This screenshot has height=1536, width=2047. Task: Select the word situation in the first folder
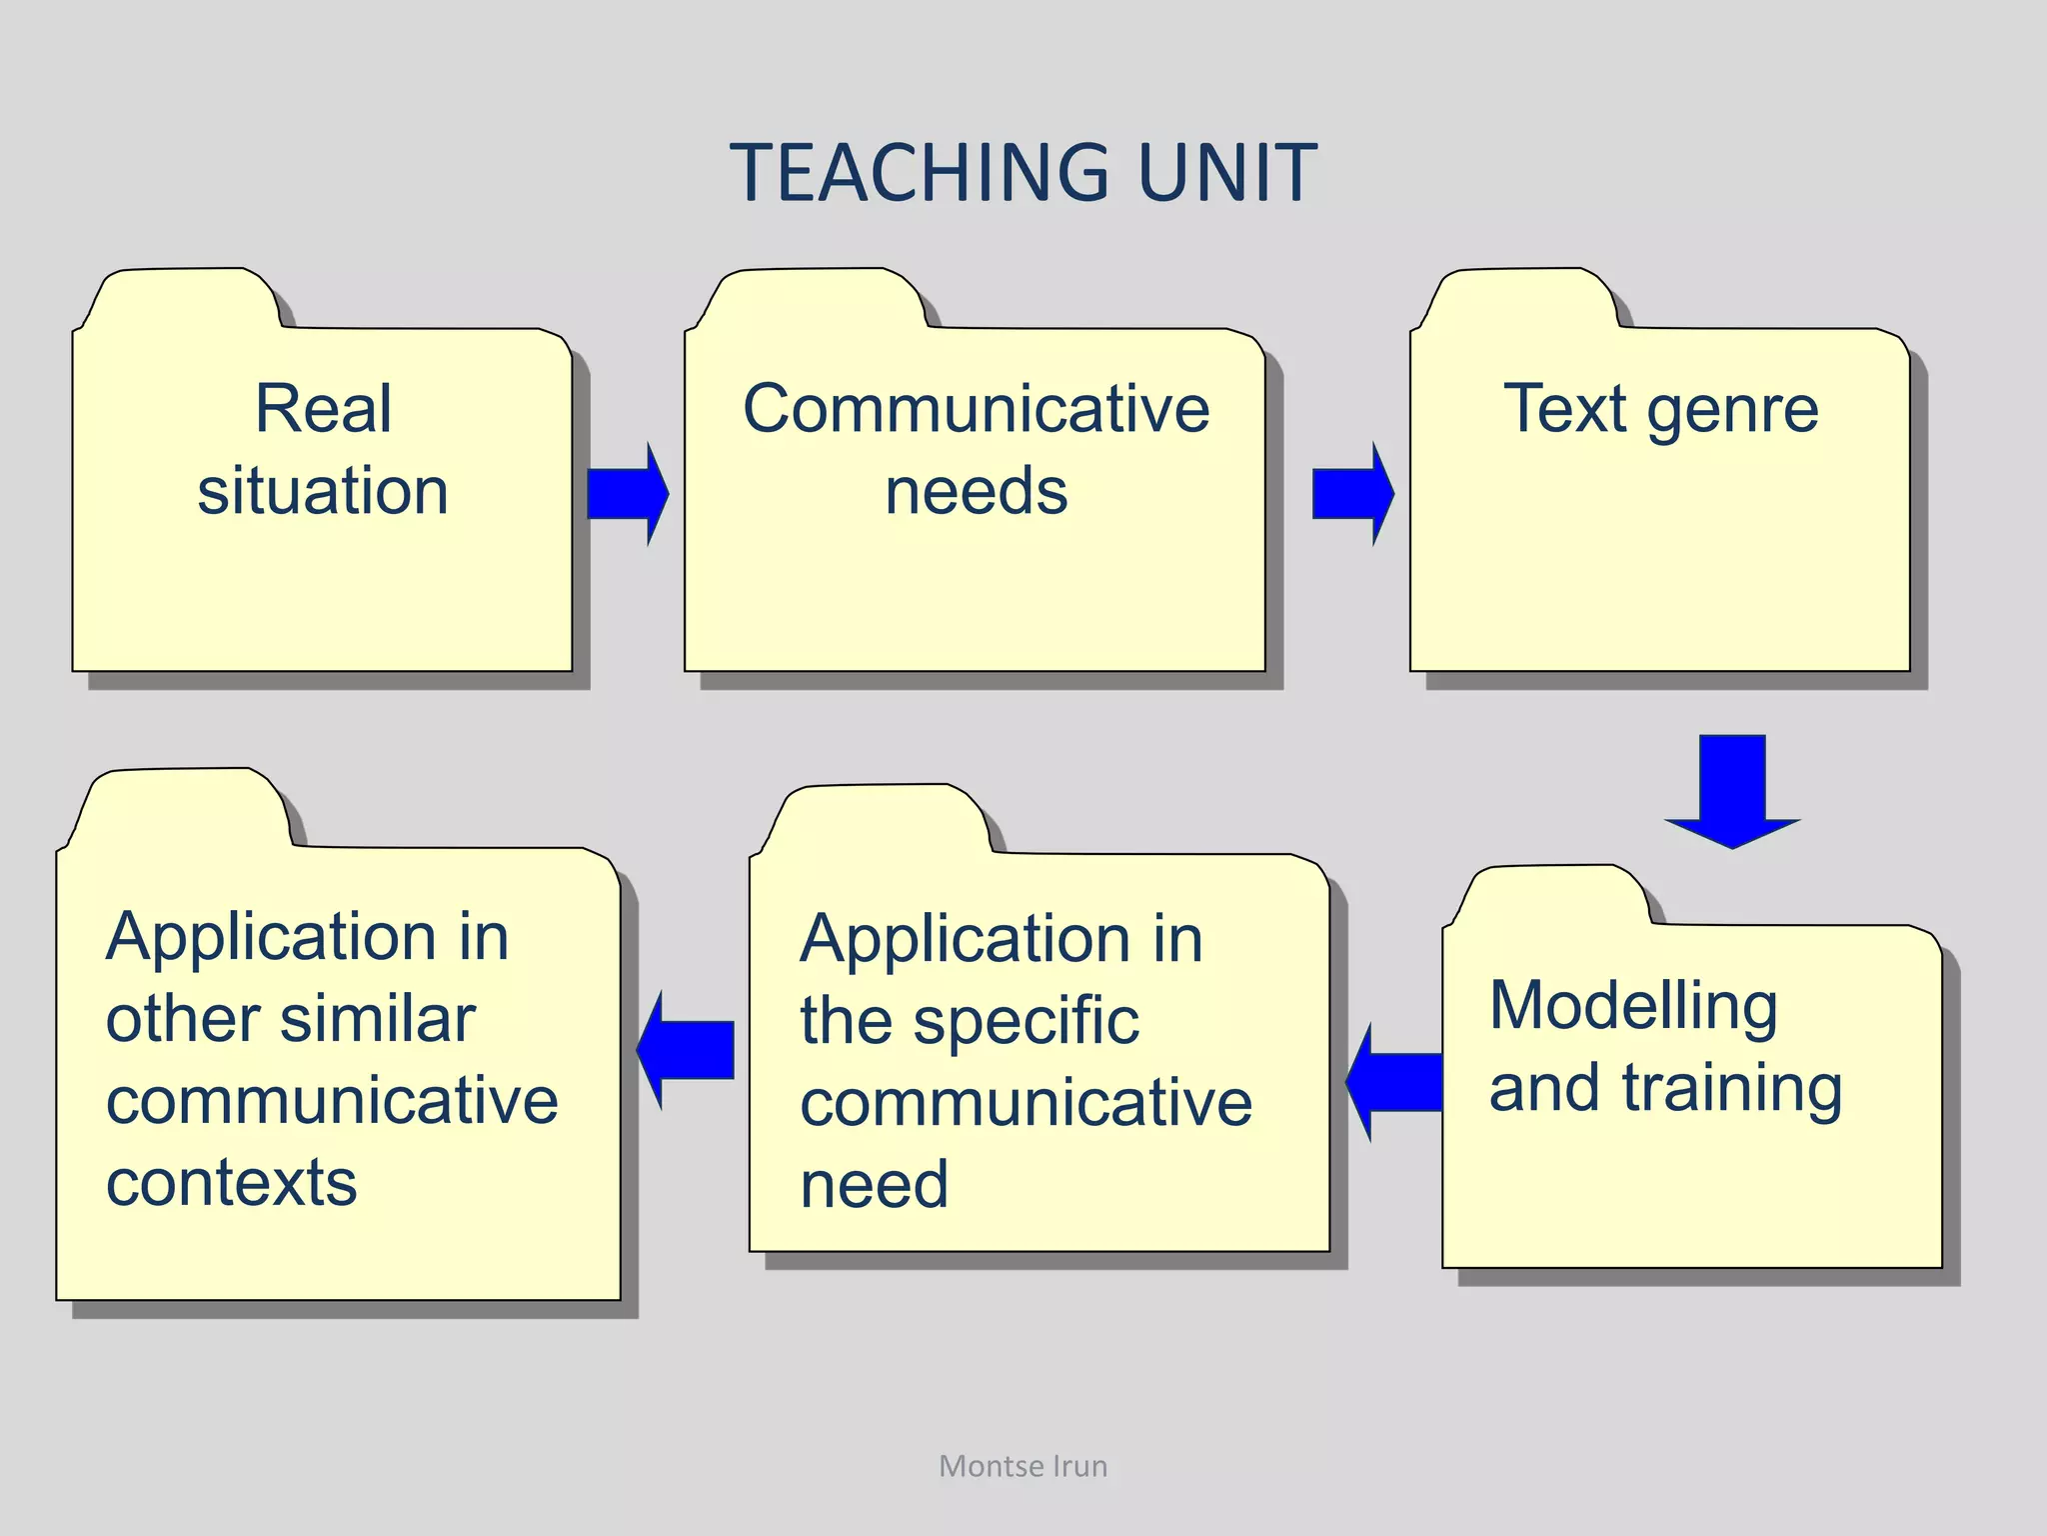click(323, 491)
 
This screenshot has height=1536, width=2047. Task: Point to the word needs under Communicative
click(976, 491)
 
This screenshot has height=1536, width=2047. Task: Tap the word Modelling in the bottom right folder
click(1633, 1005)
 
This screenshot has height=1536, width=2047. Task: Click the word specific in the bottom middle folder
click(1025, 1022)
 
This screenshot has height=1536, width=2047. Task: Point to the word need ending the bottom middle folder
click(874, 1185)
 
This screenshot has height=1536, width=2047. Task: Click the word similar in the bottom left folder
click(377, 1019)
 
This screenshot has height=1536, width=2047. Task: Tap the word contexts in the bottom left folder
click(231, 1183)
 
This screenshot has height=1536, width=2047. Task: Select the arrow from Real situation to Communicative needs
click(627, 494)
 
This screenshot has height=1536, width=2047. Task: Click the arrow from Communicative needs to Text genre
click(1351, 494)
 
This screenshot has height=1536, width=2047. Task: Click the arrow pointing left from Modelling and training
click(1395, 1082)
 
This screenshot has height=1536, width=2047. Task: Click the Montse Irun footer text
click(1023, 1466)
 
